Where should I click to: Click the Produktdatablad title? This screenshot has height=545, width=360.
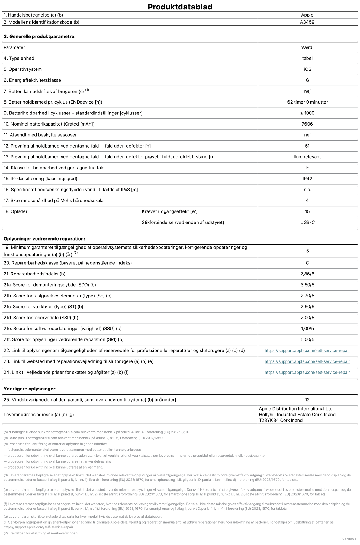click(180, 7)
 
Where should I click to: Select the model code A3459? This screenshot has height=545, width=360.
click(307, 22)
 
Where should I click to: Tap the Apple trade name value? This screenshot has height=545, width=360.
click(307, 15)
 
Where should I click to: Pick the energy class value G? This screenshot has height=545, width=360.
click(307, 80)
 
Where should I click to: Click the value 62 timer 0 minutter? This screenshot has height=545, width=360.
click(307, 102)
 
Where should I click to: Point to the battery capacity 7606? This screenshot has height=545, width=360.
click(307, 124)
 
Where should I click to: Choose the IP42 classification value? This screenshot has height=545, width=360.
click(307, 179)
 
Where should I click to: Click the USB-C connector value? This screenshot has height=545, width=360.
click(307, 222)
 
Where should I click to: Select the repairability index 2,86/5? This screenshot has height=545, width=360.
click(307, 274)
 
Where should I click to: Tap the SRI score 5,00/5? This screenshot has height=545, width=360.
click(307, 339)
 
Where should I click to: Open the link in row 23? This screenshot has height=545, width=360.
click(307, 361)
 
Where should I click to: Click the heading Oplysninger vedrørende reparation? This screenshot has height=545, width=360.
click(44, 239)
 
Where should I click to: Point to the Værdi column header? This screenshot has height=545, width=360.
click(307, 47)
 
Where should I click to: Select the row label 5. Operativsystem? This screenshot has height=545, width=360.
click(22, 69)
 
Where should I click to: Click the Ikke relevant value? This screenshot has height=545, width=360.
click(307, 157)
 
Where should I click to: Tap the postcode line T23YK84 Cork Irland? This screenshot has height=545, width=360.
click(281, 420)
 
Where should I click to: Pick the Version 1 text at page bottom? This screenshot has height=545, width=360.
click(349, 539)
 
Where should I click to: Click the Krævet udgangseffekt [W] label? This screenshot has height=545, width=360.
click(169, 211)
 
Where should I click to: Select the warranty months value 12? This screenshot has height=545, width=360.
click(307, 400)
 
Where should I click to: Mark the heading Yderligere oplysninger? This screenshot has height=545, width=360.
click(30, 389)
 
